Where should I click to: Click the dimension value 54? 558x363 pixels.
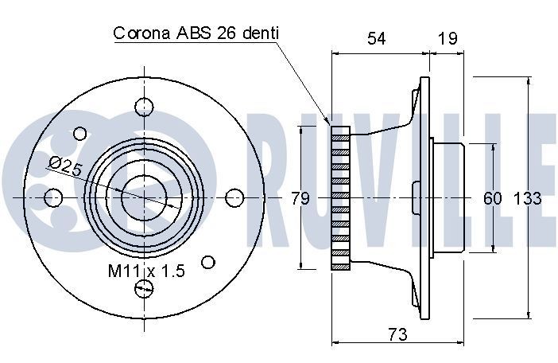(376, 38)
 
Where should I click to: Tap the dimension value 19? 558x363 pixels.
(448, 38)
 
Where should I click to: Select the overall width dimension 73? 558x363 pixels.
(397, 334)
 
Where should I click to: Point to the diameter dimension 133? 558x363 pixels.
(527, 198)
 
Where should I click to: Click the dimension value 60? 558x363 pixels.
(493, 198)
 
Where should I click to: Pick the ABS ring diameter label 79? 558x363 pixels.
(300, 198)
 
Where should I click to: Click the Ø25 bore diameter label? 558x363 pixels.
(65, 166)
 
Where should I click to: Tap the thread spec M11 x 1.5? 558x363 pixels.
(146, 271)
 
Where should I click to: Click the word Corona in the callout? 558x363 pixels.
(141, 33)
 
